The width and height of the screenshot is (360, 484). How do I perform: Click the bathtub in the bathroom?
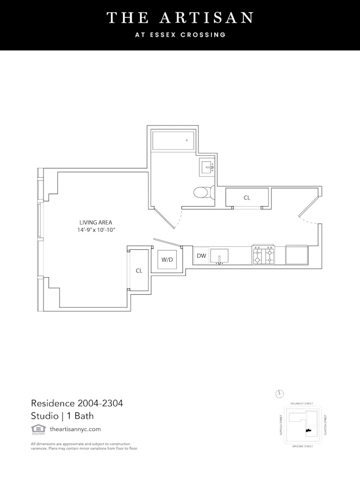click(x=173, y=140)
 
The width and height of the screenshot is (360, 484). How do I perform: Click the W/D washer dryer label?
click(x=167, y=259)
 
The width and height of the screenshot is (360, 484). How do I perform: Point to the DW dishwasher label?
click(x=201, y=256)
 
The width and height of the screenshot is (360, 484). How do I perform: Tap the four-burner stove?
click(x=263, y=255)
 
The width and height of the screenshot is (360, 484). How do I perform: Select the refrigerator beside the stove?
click(x=296, y=255)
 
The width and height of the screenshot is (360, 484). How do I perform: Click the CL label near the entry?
click(x=247, y=197)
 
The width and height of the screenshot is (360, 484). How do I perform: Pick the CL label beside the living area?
click(x=139, y=271)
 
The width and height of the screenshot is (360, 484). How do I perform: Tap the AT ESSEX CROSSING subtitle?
click(x=180, y=35)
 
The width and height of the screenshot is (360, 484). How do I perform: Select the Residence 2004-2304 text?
click(x=73, y=403)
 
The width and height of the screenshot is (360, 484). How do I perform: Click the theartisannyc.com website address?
click(x=75, y=429)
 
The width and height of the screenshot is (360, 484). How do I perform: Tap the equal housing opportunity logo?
click(x=37, y=429)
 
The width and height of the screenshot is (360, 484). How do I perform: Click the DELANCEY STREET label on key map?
click(x=301, y=404)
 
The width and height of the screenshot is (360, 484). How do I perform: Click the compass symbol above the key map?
click(x=279, y=393)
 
